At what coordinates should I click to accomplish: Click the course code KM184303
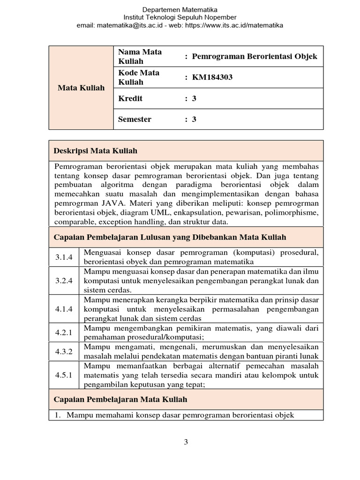[x=212, y=77]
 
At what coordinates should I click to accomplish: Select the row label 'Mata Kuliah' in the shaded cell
[x=81, y=88]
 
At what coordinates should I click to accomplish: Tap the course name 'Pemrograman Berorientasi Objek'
[x=255, y=56]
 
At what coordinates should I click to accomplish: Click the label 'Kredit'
[x=130, y=98]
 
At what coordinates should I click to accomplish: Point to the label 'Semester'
[x=135, y=119]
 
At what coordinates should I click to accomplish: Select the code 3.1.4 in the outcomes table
[x=64, y=257]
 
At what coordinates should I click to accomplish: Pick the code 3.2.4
[x=64, y=281]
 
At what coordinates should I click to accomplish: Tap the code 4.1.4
[x=64, y=309]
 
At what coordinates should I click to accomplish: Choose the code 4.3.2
[x=64, y=352]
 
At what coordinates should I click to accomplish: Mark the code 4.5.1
[x=64, y=375]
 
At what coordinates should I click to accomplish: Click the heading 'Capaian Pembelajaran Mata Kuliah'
[x=121, y=399]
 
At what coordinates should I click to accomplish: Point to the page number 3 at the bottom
[x=186, y=441]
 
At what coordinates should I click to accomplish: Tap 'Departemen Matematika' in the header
[x=180, y=9]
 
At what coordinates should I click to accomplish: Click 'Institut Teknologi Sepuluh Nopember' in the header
[x=180, y=17]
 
